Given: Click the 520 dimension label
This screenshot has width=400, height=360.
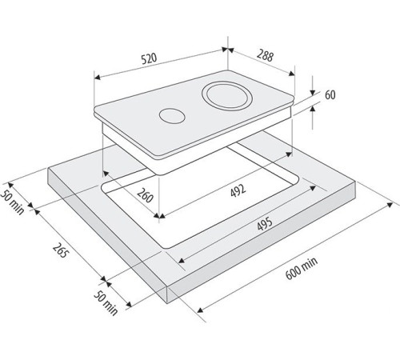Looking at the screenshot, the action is [149, 58].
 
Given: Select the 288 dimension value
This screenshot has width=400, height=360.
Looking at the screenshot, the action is [266, 56].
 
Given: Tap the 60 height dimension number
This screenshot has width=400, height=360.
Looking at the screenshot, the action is [330, 95].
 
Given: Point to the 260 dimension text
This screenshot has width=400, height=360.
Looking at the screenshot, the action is [146, 195].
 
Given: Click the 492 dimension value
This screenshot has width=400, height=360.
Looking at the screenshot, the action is [238, 191].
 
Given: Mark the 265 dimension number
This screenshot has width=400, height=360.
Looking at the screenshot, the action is [59, 250].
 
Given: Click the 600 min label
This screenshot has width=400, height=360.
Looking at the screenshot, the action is [302, 268].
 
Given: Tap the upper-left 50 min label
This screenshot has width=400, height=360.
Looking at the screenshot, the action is [13, 202].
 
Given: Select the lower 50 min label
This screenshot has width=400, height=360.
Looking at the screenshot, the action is [106, 303].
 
